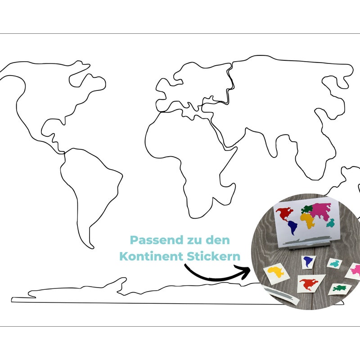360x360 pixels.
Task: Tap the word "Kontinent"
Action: coord(151,256)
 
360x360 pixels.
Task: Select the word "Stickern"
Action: coord(213,256)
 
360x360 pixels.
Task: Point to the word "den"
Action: coord(218,240)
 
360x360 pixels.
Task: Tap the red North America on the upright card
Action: coord(285,214)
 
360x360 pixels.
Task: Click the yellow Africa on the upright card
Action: coord(307,220)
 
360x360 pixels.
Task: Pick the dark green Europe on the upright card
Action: coord(307,209)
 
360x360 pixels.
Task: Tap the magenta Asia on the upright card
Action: coord(321,210)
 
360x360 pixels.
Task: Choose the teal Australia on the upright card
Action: coord(331,223)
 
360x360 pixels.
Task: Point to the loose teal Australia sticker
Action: coord(334,264)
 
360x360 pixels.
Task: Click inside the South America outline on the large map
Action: coord(92,184)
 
